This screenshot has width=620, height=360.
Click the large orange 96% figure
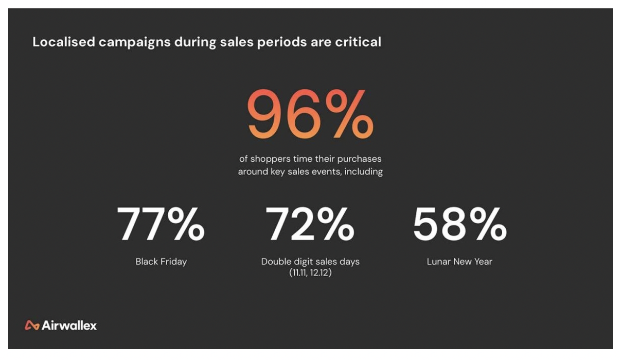pos(310,114)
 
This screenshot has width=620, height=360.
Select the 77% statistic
pos(160,225)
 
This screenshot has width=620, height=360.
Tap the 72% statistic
pos(310,225)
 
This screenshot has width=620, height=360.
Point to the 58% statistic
pos(459,225)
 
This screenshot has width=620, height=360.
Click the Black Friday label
pos(161,261)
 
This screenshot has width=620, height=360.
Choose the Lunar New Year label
pos(459,261)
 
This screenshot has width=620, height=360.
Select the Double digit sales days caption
pos(310,261)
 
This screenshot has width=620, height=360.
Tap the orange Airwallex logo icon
pos(32,325)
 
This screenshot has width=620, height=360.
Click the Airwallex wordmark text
pos(69,325)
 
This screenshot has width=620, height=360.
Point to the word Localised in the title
pos(63,42)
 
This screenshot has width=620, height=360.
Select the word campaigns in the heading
pos(134,43)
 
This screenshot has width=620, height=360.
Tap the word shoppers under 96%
pos(270,159)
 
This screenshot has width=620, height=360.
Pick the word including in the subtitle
pos(363,172)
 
